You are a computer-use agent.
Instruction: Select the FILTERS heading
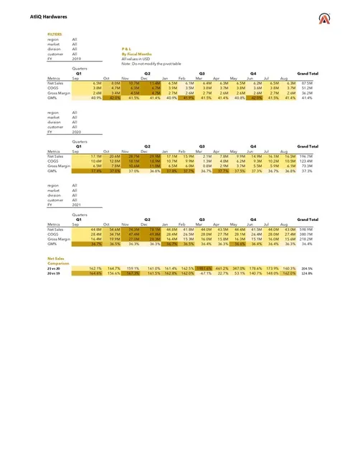click(54, 34)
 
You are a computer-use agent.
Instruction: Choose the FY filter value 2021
click(76, 206)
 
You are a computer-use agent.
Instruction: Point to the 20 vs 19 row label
click(53, 272)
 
